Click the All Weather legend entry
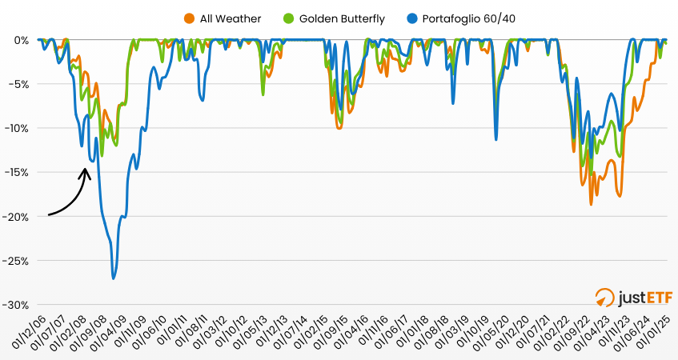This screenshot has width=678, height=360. [230, 18]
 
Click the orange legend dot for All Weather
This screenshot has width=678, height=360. [189, 18]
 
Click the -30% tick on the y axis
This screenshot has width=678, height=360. [18, 305]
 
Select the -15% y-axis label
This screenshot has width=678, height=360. [18, 172]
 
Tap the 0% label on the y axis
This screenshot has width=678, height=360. [22, 40]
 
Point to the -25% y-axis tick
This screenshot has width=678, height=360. [18, 261]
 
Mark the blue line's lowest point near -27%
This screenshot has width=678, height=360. [114, 278]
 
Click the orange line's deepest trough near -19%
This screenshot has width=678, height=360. [592, 204]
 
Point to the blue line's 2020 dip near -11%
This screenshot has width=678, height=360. [496, 139]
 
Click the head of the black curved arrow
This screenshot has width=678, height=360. [86, 169]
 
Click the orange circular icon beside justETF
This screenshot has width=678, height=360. [606, 298]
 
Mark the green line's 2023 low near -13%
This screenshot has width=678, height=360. [618, 156]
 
